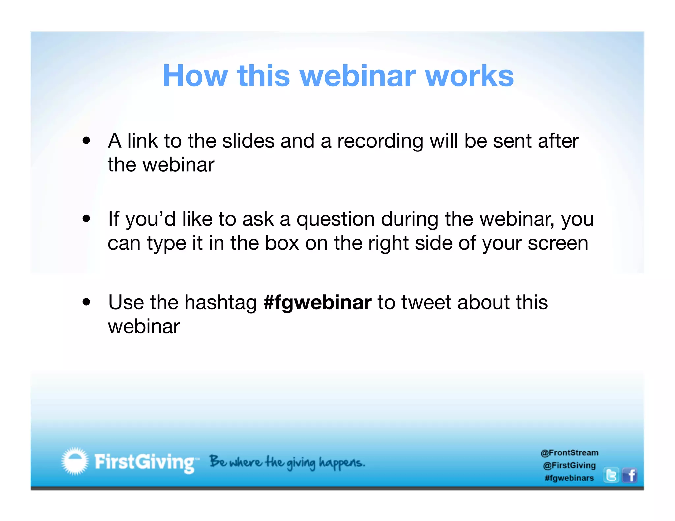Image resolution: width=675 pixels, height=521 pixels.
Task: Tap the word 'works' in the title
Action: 469,76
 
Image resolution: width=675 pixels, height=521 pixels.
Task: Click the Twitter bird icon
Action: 611,475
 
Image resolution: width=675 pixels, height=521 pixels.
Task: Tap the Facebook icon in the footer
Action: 630,475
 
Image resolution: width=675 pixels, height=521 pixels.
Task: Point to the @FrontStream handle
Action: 569,453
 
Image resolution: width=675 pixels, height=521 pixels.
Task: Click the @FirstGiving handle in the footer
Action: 569,465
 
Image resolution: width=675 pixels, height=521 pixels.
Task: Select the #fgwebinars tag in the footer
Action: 569,478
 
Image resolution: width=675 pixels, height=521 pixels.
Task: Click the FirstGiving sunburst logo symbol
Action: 75,461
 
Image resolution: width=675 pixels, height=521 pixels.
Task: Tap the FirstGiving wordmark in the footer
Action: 145,462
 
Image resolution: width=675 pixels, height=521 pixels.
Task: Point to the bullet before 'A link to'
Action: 86,141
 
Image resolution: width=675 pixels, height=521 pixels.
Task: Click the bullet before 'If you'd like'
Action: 86,219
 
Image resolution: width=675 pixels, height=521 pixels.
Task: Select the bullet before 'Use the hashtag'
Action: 86,302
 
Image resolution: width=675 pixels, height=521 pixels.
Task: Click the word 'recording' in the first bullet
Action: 380,142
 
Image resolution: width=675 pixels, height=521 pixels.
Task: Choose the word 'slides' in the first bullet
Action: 248,141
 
